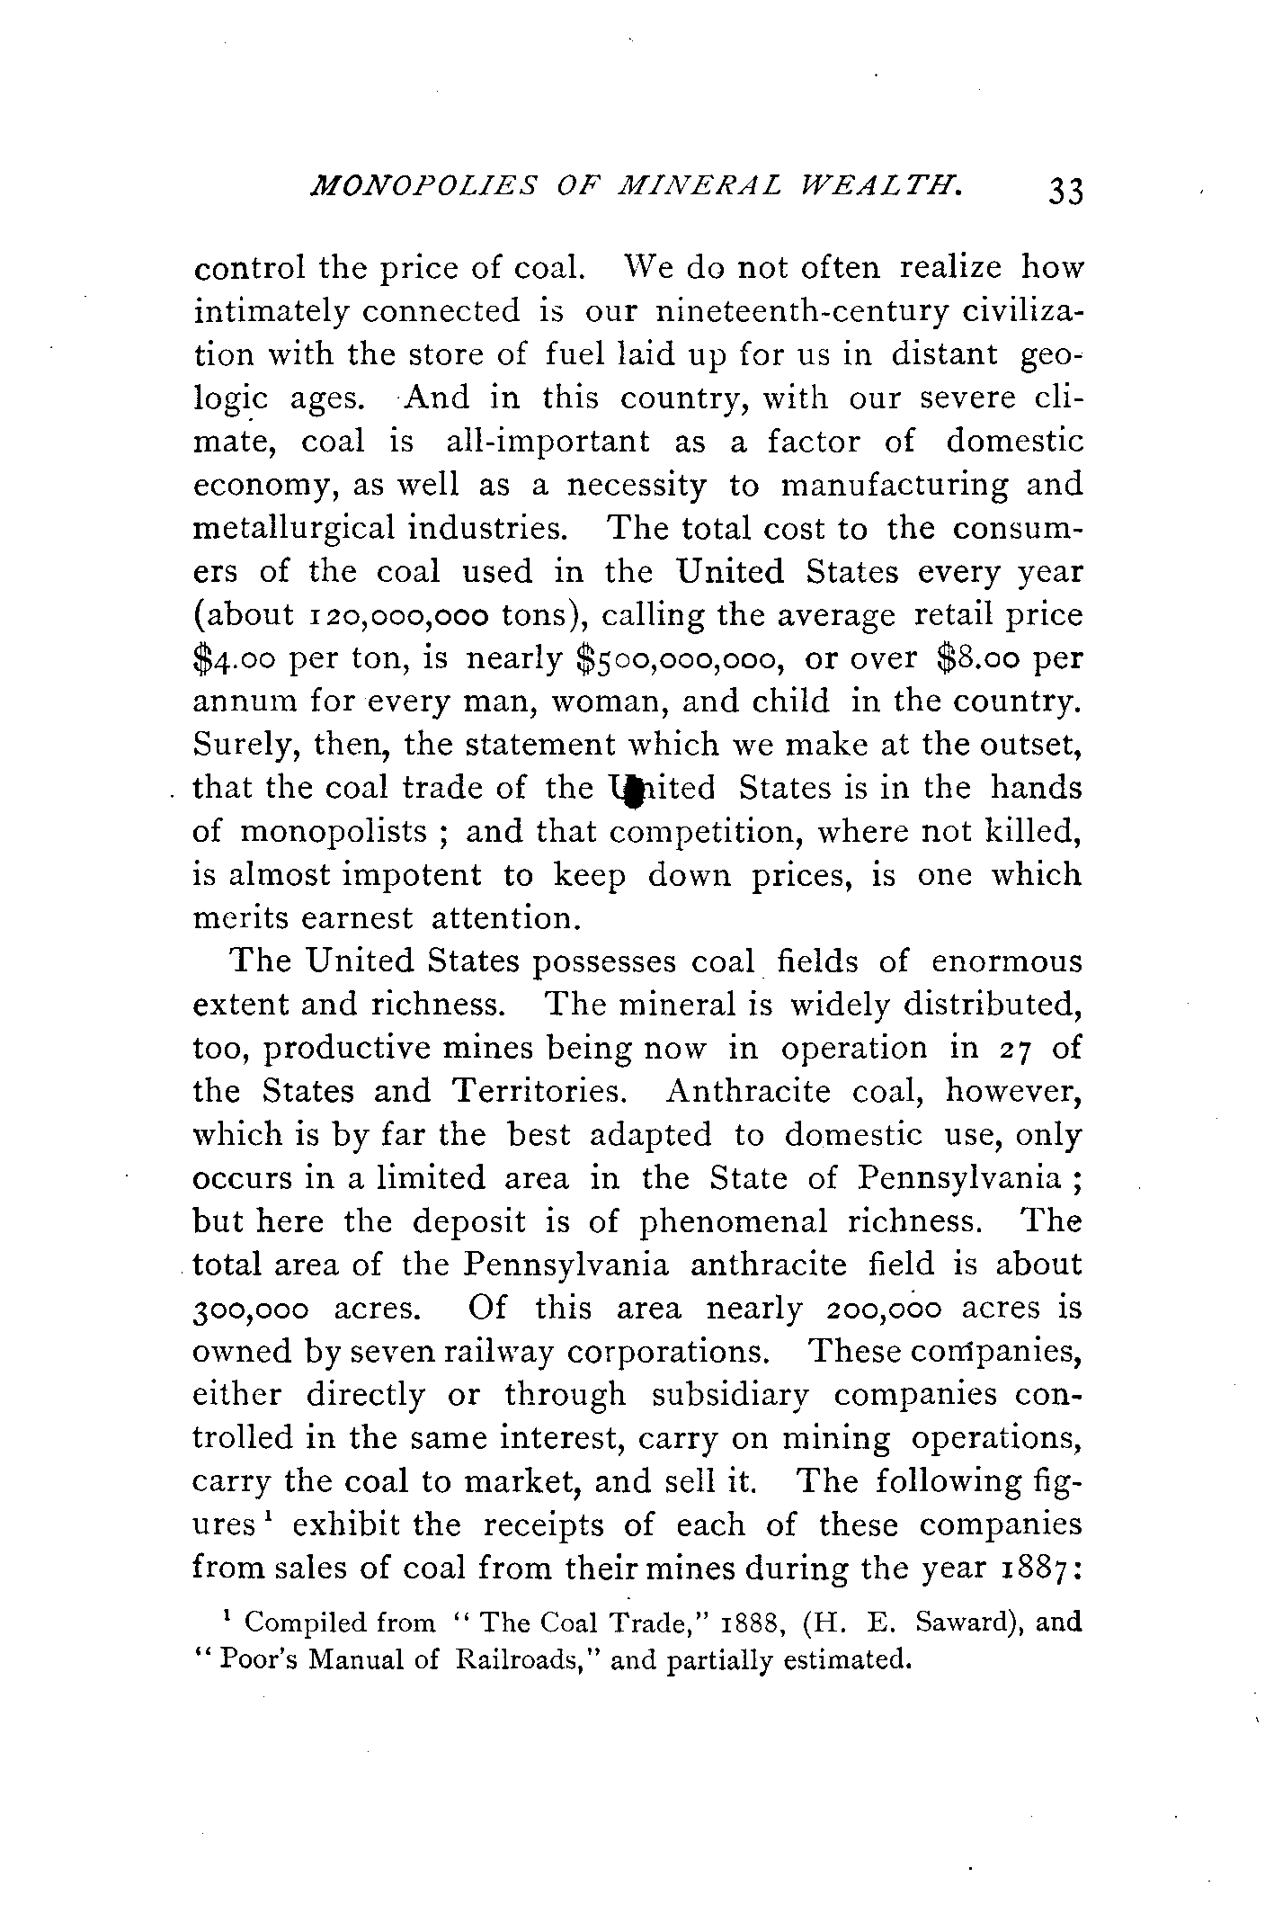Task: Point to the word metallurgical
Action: (x=294, y=527)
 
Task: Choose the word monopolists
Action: (x=333, y=832)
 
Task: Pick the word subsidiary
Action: (x=735, y=1395)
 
